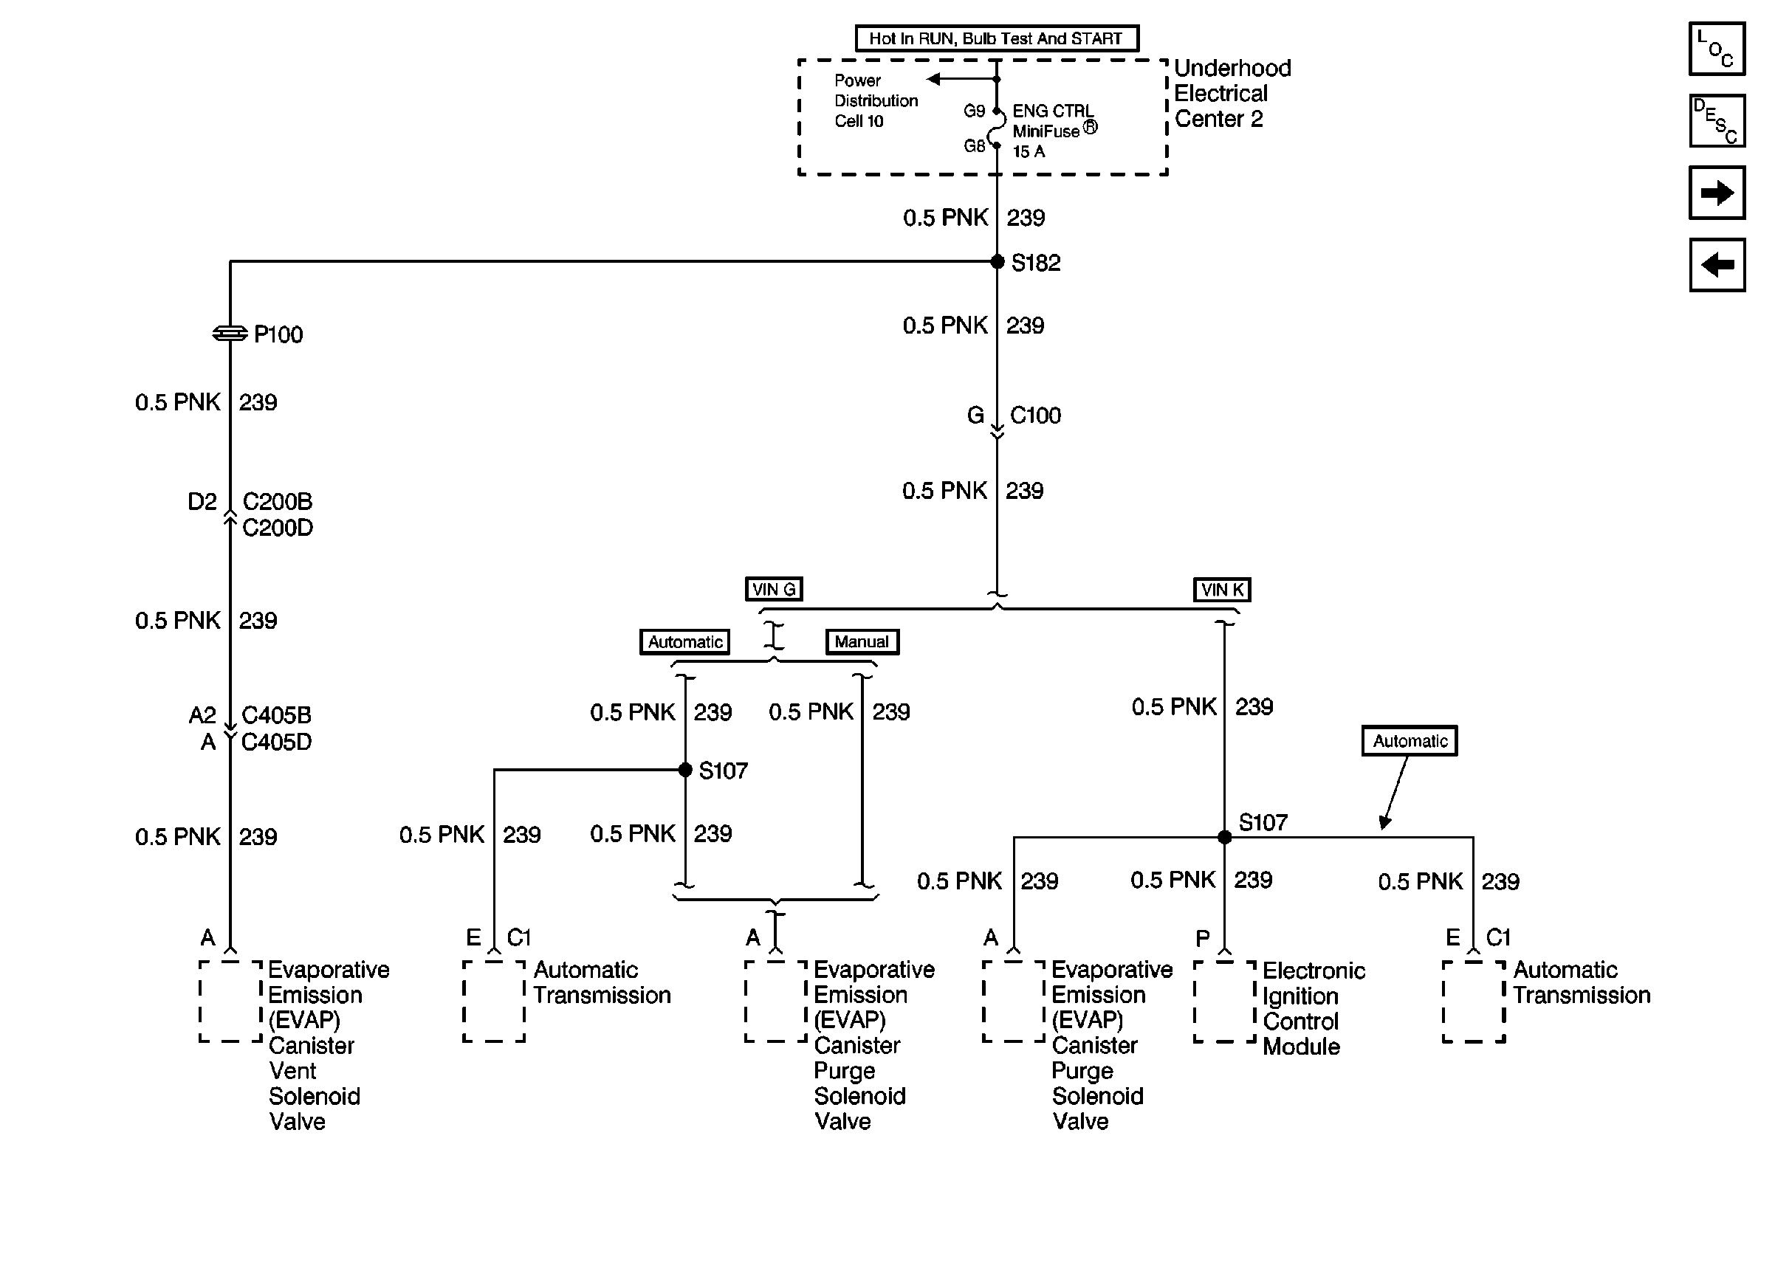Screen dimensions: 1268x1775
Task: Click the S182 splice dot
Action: pyautogui.click(x=998, y=261)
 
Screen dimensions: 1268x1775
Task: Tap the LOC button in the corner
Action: pyautogui.click(x=1717, y=49)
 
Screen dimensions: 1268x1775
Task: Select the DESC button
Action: pyautogui.click(x=1717, y=121)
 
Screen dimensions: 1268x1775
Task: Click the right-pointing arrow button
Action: pyautogui.click(x=1717, y=193)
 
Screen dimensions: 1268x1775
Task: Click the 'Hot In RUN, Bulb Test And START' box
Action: pyautogui.click(x=997, y=38)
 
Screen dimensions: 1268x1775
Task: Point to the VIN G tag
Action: pyautogui.click(x=773, y=590)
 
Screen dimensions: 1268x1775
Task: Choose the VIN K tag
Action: pyautogui.click(x=1221, y=590)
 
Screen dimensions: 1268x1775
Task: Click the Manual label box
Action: pyautogui.click(x=862, y=642)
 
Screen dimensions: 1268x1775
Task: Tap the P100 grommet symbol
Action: pyautogui.click(x=230, y=334)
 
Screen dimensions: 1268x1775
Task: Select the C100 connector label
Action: pyautogui.click(x=1035, y=416)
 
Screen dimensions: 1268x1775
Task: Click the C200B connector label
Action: pyautogui.click(x=277, y=501)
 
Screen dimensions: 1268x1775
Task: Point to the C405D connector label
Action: pyautogui.click(x=276, y=742)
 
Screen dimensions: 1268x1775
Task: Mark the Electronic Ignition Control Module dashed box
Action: pyautogui.click(x=1223, y=1002)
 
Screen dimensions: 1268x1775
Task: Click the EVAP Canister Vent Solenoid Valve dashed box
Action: pyautogui.click(x=230, y=1002)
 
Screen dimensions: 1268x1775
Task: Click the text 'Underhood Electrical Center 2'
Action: pyautogui.click(x=1232, y=94)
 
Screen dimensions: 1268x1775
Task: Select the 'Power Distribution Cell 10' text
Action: pyautogui.click(x=876, y=100)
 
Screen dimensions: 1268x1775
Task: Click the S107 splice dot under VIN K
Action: pyautogui.click(x=1224, y=837)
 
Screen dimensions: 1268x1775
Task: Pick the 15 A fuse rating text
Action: pyautogui.click(x=1029, y=151)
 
